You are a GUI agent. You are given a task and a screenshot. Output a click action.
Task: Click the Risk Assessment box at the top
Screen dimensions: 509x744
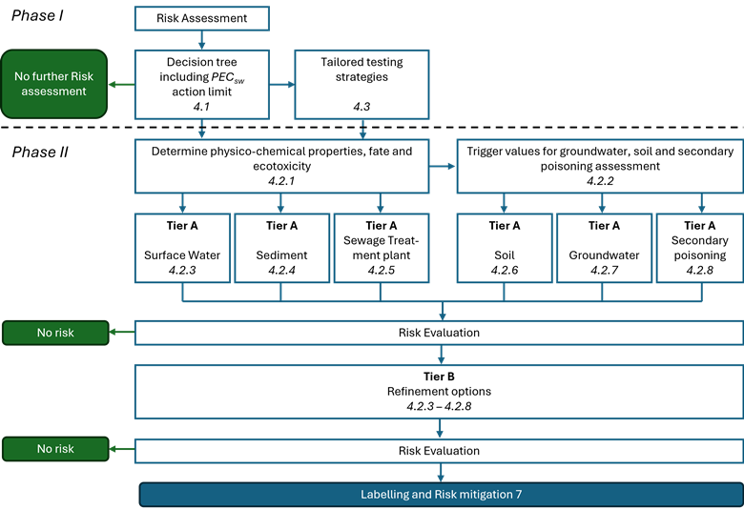[x=201, y=18]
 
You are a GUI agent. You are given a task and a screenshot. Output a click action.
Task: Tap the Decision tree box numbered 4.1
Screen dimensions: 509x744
[x=201, y=84]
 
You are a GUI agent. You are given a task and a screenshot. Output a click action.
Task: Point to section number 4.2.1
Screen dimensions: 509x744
[x=280, y=180]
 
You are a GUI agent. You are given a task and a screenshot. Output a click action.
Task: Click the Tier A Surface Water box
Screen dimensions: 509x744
[x=181, y=248]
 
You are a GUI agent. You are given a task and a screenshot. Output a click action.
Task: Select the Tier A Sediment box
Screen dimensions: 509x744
[x=281, y=248]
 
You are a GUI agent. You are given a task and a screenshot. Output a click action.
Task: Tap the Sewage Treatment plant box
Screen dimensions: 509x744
[x=381, y=248]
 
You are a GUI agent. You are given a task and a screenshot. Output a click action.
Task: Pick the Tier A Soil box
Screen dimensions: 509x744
[x=505, y=248]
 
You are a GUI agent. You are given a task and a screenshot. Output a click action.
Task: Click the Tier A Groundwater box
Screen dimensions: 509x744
[x=603, y=248]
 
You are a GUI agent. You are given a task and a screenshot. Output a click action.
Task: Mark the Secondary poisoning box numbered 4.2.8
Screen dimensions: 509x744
[x=699, y=248]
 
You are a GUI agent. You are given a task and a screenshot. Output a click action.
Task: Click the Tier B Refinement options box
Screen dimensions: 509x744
[x=439, y=391]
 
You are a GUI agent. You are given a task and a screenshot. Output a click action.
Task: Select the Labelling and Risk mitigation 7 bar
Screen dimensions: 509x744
[x=440, y=495]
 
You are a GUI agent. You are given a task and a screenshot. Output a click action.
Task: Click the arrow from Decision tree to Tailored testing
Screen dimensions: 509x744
[x=282, y=84]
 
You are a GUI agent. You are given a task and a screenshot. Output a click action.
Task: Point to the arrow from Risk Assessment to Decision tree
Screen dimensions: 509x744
[x=201, y=40]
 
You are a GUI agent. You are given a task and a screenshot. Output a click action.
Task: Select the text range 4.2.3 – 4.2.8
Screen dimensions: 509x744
[x=440, y=406]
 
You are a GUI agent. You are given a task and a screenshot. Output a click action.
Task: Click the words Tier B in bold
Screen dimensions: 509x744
[x=440, y=375]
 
